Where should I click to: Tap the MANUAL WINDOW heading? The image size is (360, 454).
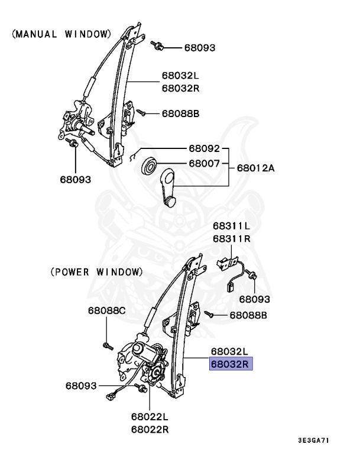[x=61, y=34]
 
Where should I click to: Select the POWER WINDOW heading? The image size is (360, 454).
[x=96, y=272]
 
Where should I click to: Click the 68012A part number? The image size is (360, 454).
[x=256, y=168]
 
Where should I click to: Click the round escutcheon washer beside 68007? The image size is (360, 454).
[x=148, y=165]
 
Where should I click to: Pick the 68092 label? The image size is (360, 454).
[x=205, y=148]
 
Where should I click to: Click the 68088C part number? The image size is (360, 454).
[x=107, y=310]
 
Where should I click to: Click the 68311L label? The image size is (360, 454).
[x=232, y=226]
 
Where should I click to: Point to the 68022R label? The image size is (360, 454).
[x=150, y=429]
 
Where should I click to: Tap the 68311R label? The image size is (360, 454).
[x=232, y=239]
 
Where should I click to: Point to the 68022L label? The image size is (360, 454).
[x=150, y=417]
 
